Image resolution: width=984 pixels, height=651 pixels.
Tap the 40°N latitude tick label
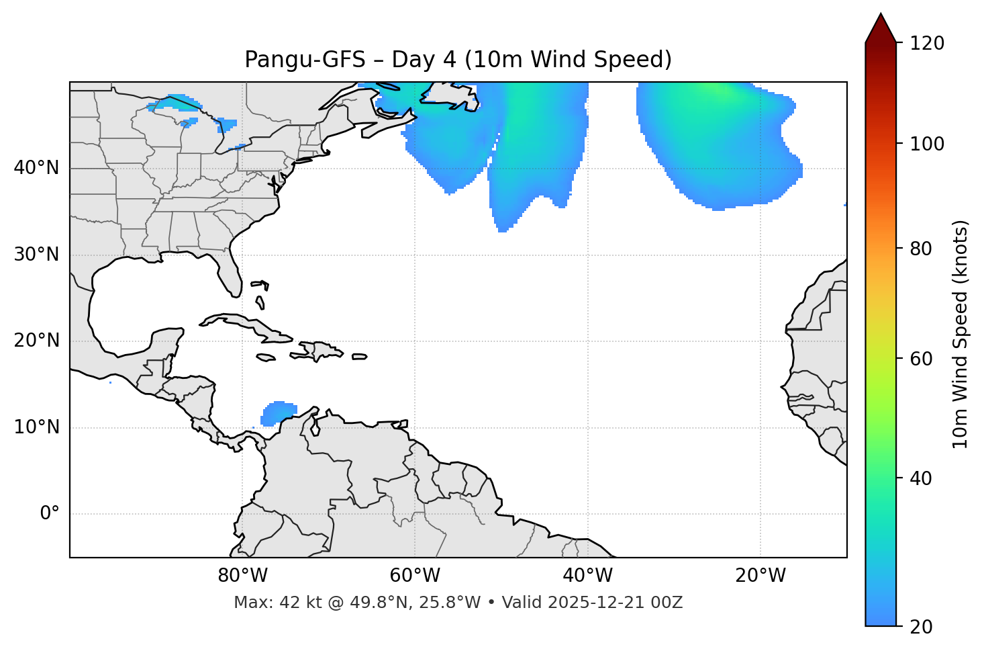click(x=36, y=168)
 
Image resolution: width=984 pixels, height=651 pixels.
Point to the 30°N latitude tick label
click(x=36, y=255)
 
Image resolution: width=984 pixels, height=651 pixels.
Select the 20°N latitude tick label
click(x=36, y=341)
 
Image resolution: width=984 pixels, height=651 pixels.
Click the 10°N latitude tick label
click(x=36, y=427)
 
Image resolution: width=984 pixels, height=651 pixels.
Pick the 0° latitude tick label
click(x=50, y=514)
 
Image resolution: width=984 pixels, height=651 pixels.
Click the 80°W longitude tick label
click(x=242, y=576)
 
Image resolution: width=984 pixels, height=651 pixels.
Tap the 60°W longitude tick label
click(x=415, y=576)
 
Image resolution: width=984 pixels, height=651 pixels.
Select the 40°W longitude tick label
click(x=587, y=576)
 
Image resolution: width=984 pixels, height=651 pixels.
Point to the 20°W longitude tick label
click(x=760, y=576)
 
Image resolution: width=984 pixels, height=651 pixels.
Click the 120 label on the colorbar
click(x=927, y=44)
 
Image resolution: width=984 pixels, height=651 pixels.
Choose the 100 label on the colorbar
click(x=927, y=144)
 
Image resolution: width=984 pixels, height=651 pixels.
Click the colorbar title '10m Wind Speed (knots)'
click(x=961, y=334)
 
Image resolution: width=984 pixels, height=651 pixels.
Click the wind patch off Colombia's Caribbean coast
click(x=277, y=413)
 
